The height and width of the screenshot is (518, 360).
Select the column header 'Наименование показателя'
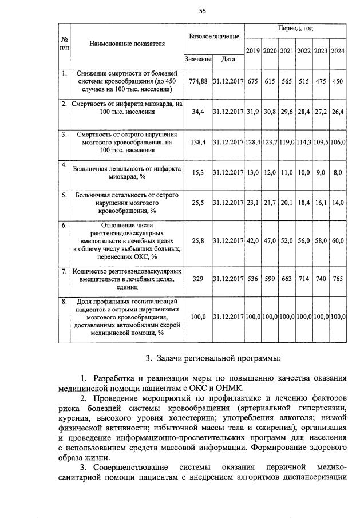coord(126,43)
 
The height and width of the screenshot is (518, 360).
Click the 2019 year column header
coord(252,51)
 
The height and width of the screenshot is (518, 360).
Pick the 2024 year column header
coord(338,51)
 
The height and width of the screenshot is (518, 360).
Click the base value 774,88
coord(197,81)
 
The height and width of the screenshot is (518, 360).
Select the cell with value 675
coord(252,81)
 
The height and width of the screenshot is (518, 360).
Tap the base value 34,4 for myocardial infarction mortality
coord(197,112)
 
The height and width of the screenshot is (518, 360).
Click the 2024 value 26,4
coord(338,112)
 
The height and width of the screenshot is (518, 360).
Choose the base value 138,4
coord(197,142)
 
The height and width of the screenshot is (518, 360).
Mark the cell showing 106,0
coord(338,142)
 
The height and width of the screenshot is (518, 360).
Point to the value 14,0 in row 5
coord(338,203)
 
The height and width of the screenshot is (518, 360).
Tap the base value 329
coord(197,279)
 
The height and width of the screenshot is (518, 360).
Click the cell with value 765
coord(338,279)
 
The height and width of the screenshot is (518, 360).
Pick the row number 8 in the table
coord(64,300)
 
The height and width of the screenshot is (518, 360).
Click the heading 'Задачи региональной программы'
coord(213,359)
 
